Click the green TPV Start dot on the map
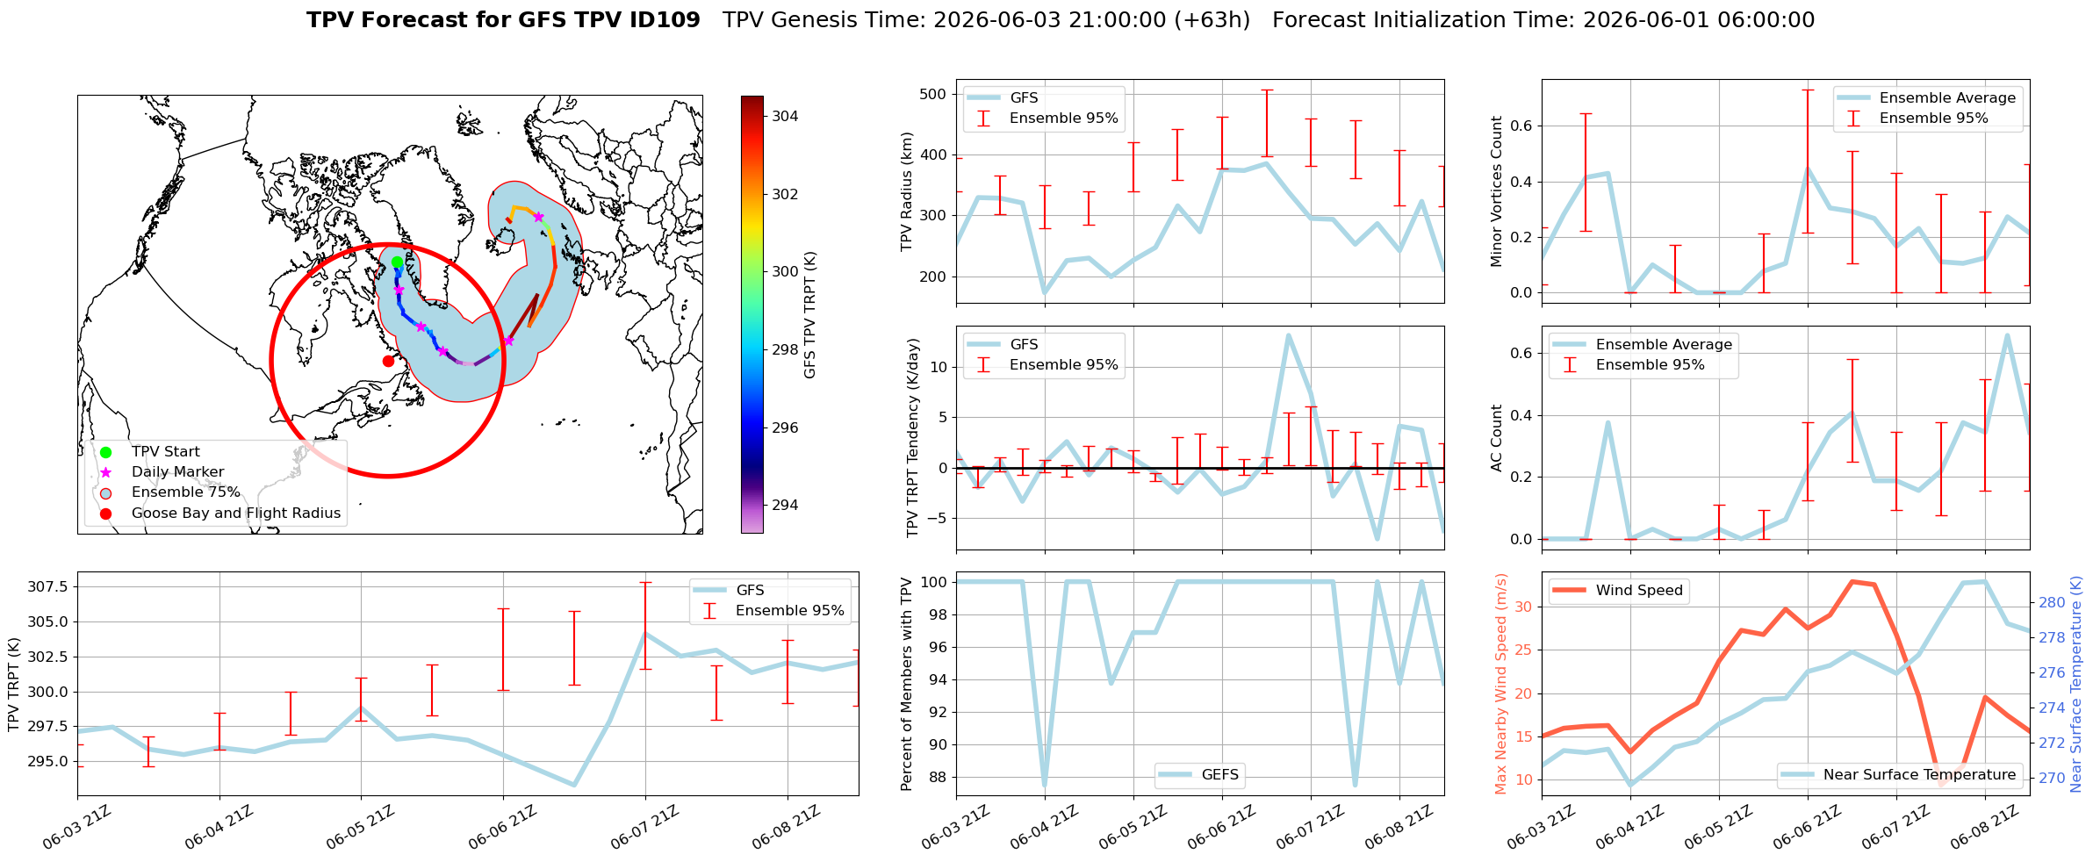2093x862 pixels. coord(397,262)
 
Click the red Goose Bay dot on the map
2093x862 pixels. coord(388,361)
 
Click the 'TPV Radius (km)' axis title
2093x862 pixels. coord(907,191)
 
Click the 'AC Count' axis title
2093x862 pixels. coord(1497,438)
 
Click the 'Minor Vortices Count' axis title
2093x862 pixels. coord(1497,191)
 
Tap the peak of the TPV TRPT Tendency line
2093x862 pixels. coord(1288,334)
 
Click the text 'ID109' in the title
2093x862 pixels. coord(665,20)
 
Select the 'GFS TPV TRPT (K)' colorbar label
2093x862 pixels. coord(809,315)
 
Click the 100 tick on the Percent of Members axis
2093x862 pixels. coord(933,581)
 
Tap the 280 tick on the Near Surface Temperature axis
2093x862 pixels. coord(2052,602)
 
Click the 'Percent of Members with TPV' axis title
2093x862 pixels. coord(907,684)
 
